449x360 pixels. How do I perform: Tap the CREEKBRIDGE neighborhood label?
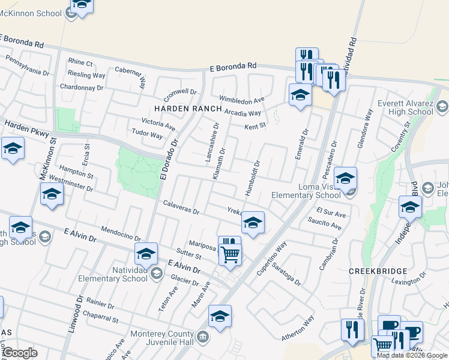click(x=378, y=271)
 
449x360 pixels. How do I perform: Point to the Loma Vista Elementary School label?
click(x=306, y=191)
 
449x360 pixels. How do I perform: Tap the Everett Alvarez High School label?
click(x=405, y=107)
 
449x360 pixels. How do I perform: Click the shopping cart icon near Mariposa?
click(x=230, y=254)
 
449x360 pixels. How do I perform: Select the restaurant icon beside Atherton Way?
click(x=352, y=330)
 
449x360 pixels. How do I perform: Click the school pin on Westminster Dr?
click(x=52, y=195)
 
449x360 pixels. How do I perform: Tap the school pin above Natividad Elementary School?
click(x=146, y=254)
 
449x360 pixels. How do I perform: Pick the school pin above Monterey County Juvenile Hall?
click(x=220, y=317)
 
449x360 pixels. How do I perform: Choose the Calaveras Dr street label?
click(x=181, y=207)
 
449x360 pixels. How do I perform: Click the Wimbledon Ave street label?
click(x=241, y=100)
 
